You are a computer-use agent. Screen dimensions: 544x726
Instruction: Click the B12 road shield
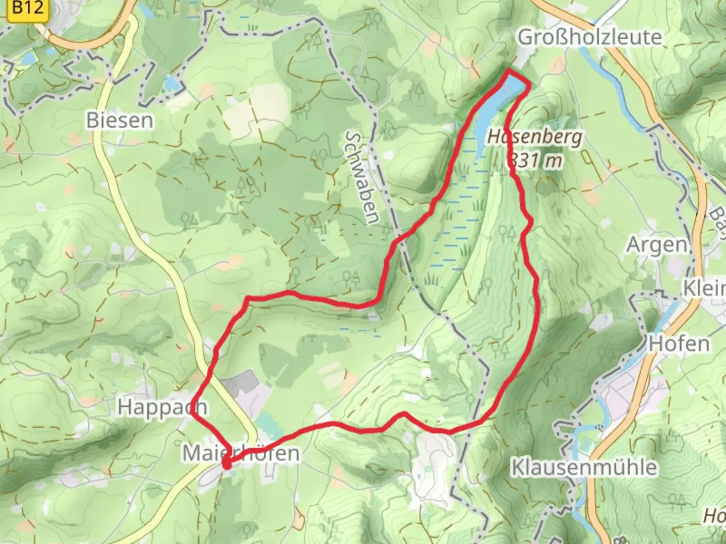point(28,9)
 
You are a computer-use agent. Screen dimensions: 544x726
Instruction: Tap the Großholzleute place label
point(589,37)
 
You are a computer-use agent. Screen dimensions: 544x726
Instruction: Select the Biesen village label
point(119,121)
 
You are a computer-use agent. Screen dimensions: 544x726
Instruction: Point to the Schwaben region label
point(362,177)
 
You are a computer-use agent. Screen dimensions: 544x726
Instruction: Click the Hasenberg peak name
point(534,137)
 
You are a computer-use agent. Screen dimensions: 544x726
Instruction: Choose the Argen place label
point(656,245)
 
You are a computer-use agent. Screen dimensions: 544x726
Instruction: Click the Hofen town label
point(679,344)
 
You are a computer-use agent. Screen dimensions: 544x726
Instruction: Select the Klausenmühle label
point(584,467)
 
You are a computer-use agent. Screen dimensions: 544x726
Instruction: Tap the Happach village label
point(161,407)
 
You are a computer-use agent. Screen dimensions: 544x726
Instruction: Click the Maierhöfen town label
point(240,453)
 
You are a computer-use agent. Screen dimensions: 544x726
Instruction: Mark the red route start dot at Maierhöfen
point(226,465)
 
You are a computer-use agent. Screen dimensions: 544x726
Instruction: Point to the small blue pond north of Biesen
point(171,82)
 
